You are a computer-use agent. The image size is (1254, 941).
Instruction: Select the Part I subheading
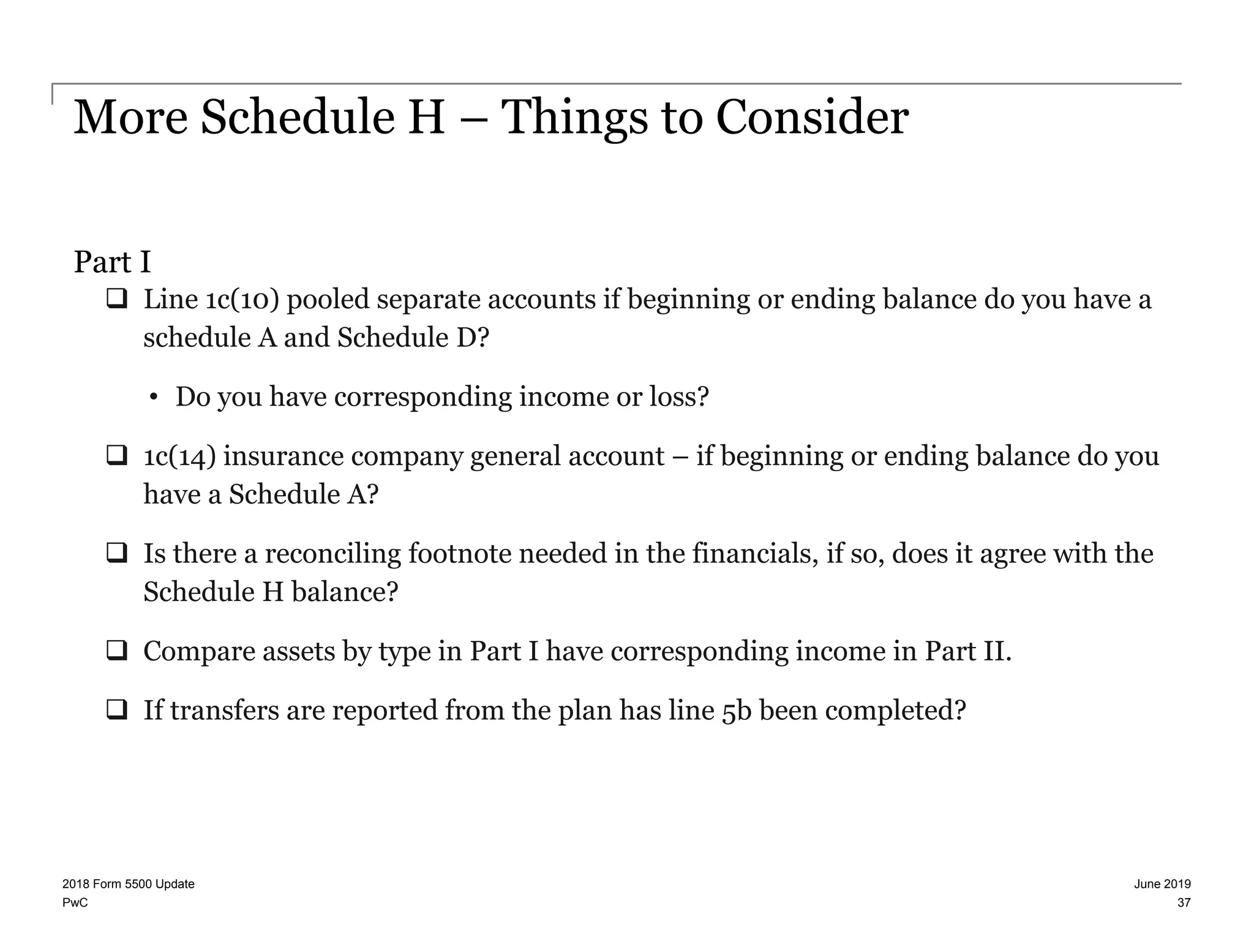pos(112,262)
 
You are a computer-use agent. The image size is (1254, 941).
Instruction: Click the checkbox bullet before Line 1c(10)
pos(116,300)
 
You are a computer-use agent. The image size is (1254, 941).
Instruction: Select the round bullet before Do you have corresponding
pos(153,398)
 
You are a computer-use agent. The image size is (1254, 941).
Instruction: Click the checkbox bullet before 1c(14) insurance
pos(116,456)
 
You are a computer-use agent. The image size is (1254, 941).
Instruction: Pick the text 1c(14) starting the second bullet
pos(179,456)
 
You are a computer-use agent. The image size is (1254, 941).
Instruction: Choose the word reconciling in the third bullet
pos(332,553)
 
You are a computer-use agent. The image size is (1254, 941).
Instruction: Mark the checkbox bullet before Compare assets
pos(116,651)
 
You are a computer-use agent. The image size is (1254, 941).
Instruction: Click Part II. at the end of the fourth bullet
pos(968,651)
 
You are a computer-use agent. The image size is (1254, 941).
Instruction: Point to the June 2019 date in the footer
pos(1162,884)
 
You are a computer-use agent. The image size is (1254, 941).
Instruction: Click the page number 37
pos(1184,903)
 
